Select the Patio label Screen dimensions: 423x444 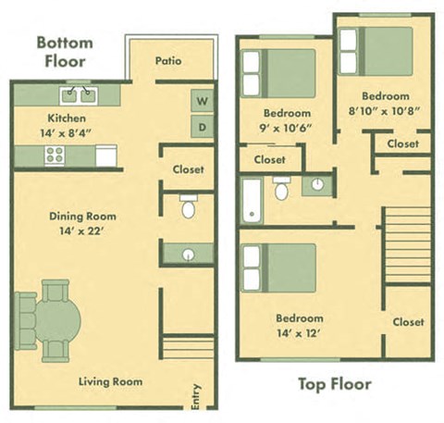coord(168,62)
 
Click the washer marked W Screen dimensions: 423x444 coord(202,100)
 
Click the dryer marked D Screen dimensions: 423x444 coord(202,126)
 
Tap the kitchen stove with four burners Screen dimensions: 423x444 coord(55,156)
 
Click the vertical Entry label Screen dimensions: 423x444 coord(195,396)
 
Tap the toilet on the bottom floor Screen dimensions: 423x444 coord(188,206)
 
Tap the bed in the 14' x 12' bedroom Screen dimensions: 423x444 coord(278,269)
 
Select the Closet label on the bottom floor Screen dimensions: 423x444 coord(188,169)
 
